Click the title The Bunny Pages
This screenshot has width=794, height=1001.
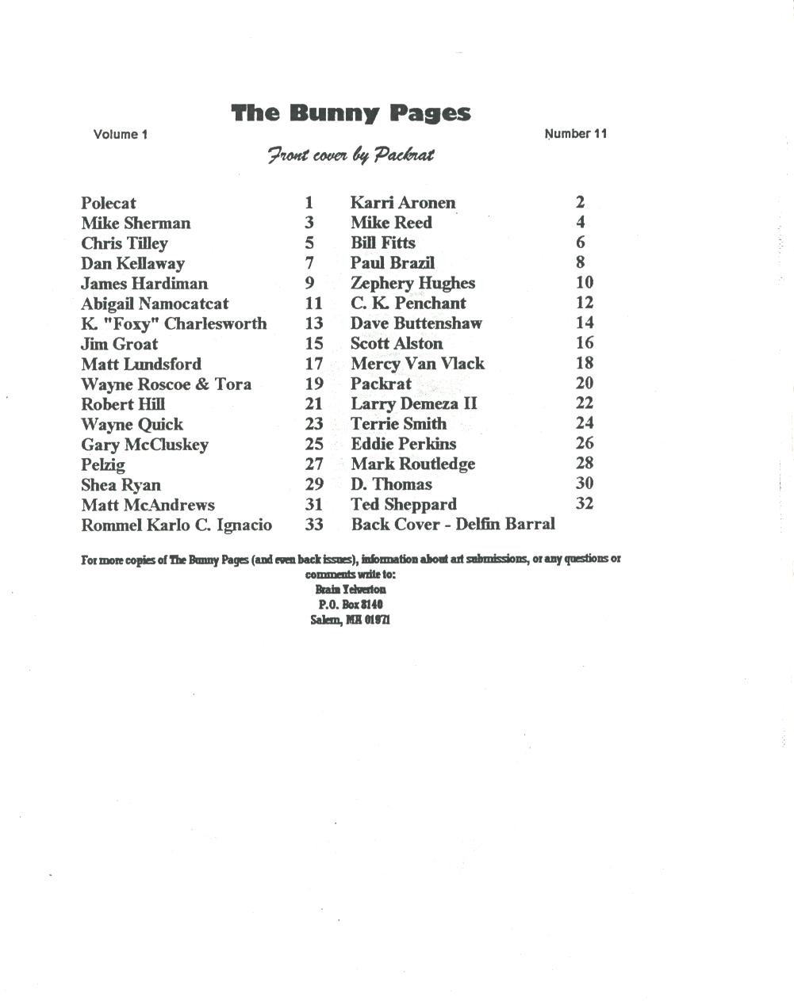pyautogui.click(x=351, y=113)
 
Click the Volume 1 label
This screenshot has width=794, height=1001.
pyautogui.click(x=121, y=134)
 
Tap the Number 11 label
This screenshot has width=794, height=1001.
pyautogui.click(x=576, y=133)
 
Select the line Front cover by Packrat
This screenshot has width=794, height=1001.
pyautogui.click(x=351, y=155)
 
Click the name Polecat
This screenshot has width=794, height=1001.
pyautogui.click(x=109, y=203)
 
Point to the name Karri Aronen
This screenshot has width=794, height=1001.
pyautogui.click(x=403, y=203)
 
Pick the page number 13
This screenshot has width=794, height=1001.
pyautogui.click(x=314, y=323)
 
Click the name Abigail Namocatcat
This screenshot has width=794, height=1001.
pyautogui.click(x=155, y=304)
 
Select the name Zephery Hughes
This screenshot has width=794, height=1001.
pyautogui.click(x=412, y=283)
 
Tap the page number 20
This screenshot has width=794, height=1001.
pyautogui.click(x=585, y=383)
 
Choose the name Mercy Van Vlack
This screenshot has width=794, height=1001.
pyautogui.click(x=417, y=364)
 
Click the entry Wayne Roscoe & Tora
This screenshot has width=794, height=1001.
pyautogui.click(x=166, y=384)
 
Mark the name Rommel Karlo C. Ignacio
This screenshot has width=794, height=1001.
pyautogui.click(x=176, y=525)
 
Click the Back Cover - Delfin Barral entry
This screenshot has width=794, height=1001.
pyautogui.click(x=453, y=524)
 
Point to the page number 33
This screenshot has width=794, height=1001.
pyautogui.click(x=314, y=525)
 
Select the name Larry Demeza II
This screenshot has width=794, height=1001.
pyautogui.click(x=414, y=403)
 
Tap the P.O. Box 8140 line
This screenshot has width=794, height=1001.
pyautogui.click(x=351, y=605)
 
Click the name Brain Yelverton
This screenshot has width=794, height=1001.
pyautogui.click(x=351, y=590)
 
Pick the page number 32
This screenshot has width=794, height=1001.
pyautogui.click(x=585, y=503)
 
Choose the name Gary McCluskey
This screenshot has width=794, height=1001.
pyautogui.click(x=144, y=445)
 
